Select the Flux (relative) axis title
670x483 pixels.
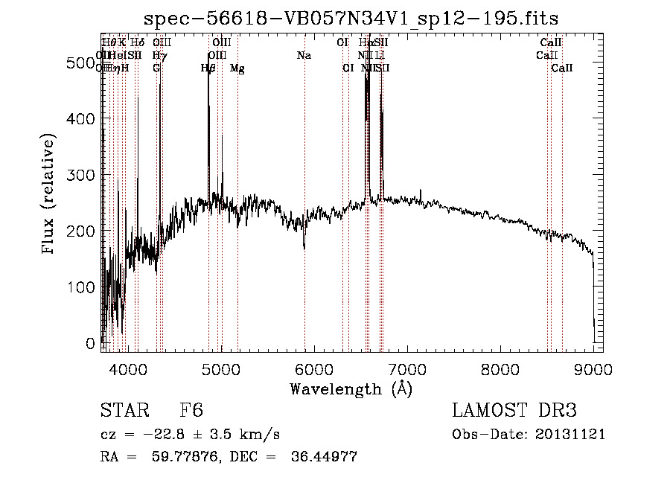pos(50,195)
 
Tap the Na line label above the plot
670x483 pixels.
pos(304,56)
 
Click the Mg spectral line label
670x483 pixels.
pos(237,68)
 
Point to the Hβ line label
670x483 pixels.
pos(208,68)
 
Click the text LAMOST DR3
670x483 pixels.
pos(514,412)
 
